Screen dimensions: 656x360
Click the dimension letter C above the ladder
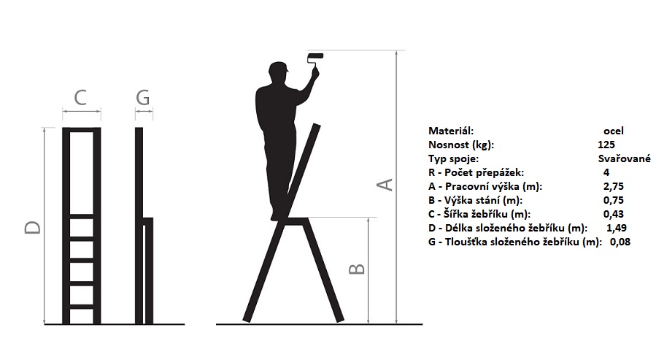(80, 98)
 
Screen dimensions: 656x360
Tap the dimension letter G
(143, 98)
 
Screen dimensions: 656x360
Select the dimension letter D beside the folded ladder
(33, 227)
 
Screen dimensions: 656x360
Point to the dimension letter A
(385, 185)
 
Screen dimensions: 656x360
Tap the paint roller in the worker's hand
(315, 59)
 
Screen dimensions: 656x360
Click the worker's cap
(279, 67)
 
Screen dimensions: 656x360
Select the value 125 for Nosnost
(606, 145)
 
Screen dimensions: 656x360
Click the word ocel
(614, 131)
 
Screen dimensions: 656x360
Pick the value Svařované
(624, 158)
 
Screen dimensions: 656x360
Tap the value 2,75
(614, 186)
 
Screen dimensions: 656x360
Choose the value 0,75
(614, 200)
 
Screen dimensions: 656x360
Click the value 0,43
(614, 214)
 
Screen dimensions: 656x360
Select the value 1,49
(617, 228)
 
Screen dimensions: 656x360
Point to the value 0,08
(620, 242)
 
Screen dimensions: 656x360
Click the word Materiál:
(451, 131)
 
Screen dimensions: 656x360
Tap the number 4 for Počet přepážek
(606, 172)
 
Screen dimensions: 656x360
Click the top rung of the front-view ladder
(82, 217)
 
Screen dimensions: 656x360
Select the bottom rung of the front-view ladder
(82, 307)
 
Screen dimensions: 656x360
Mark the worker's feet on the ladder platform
(278, 215)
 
